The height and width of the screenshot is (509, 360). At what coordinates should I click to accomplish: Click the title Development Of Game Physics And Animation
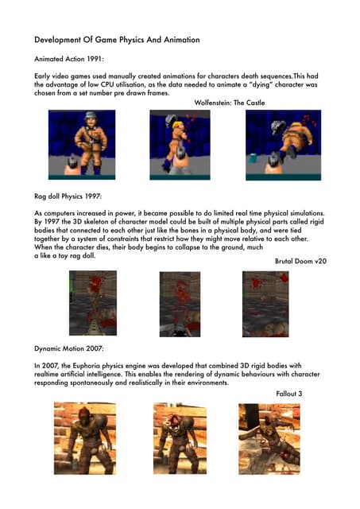click(118, 39)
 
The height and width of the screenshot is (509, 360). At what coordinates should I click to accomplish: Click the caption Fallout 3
click(289, 393)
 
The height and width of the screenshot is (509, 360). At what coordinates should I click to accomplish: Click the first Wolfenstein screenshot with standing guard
click(82, 144)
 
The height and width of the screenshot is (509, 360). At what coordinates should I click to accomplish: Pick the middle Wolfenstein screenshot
click(180, 144)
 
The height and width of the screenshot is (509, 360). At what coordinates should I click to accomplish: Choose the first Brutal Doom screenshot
click(92, 303)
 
